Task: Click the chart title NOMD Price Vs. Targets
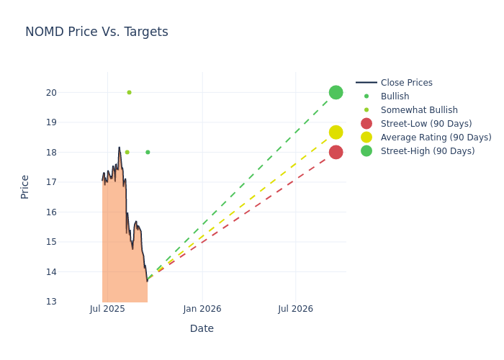click(96, 32)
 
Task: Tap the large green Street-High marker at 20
click(336, 92)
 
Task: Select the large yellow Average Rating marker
click(336, 132)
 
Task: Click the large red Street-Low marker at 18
click(336, 152)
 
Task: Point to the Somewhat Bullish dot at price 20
click(129, 92)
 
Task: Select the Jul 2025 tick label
click(107, 309)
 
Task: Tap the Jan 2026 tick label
click(202, 309)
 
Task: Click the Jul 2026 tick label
click(295, 309)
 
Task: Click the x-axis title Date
click(202, 328)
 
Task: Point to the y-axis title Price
click(25, 186)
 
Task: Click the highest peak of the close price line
click(120, 148)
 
